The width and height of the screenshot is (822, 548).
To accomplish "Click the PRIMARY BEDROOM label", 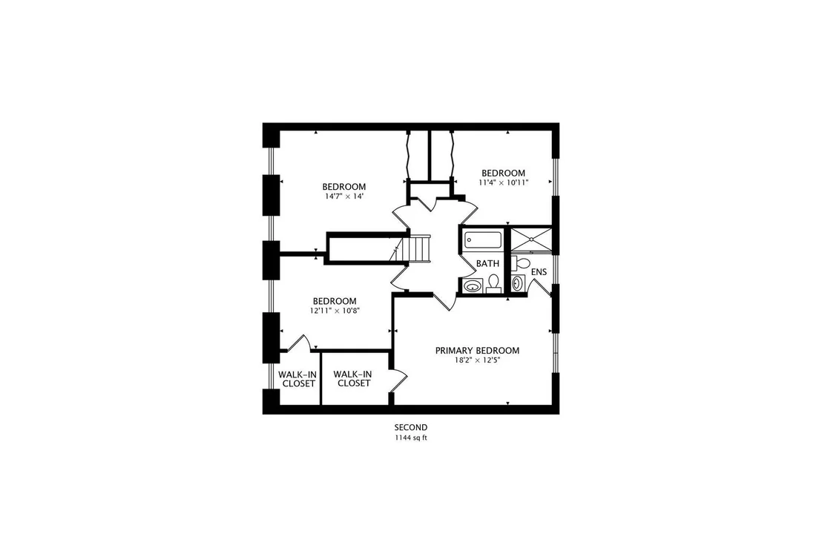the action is point(477,351).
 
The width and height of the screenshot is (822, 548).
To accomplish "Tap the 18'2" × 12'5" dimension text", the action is point(477,360).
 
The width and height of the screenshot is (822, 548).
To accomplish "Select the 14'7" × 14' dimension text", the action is point(344,197).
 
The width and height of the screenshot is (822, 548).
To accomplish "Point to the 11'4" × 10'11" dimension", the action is point(503,183).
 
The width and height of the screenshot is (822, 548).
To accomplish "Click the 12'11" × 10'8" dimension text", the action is point(335,311).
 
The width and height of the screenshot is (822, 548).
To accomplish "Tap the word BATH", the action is point(487,263).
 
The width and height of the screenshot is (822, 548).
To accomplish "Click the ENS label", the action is point(539,272).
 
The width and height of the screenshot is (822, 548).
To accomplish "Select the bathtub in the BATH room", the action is point(483,240).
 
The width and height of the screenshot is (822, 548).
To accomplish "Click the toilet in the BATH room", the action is point(493,283).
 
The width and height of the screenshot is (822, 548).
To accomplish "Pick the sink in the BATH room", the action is point(473,286).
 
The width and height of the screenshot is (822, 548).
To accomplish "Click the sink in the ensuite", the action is point(518,283).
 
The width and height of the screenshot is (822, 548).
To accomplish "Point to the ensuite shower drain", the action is point(532,240).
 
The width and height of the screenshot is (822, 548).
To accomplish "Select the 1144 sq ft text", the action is point(411,438).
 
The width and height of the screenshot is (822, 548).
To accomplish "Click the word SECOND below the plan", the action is point(411,428).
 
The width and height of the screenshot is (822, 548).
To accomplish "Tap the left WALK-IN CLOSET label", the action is point(297,379).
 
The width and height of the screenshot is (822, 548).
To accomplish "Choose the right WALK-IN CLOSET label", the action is point(353,378).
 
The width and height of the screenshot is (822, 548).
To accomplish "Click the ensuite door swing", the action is point(539,287).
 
